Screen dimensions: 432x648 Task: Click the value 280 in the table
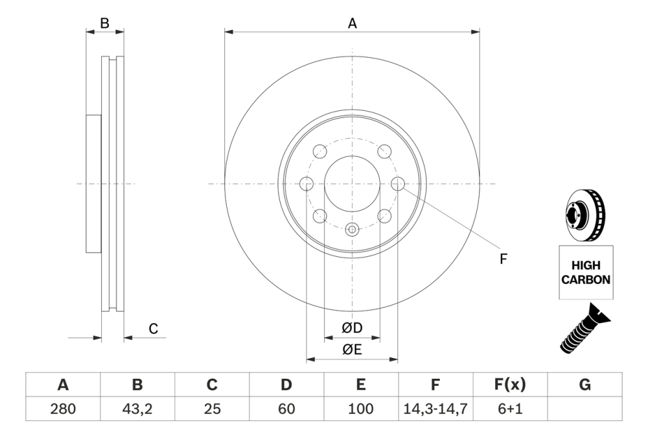(x=63, y=409)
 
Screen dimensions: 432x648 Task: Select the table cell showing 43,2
(x=137, y=409)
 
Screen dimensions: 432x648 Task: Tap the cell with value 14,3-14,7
(x=435, y=409)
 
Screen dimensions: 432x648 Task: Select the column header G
(x=584, y=385)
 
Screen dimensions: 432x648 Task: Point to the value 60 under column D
(x=286, y=409)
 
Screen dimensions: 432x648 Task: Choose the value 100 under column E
(x=361, y=409)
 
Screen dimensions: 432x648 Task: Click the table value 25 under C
(x=212, y=409)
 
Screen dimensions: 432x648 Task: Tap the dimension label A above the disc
(x=353, y=23)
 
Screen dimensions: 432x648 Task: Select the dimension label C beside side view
(x=154, y=329)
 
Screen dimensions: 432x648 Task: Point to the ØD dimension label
(x=352, y=329)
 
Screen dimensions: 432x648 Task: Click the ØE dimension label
(x=352, y=350)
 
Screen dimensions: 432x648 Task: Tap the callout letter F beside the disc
(x=503, y=259)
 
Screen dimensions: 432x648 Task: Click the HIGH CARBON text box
(x=585, y=273)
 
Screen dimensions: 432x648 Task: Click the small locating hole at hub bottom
(x=352, y=229)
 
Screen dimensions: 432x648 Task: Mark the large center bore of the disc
(x=352, y=184)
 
